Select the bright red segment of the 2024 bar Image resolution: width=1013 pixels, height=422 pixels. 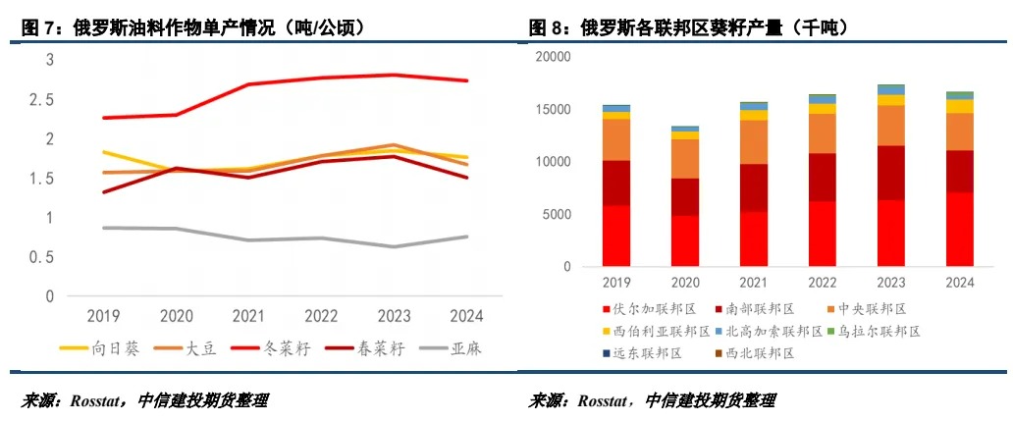click(959, 229)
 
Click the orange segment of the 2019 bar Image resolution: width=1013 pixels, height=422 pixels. click(616, 139)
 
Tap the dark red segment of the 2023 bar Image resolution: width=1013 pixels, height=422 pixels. click(891, 173)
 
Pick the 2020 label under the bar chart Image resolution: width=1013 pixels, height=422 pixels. click(685, 283)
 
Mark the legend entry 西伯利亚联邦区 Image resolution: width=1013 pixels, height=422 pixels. click(652, 332)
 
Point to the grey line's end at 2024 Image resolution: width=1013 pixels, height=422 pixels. click(467, 237)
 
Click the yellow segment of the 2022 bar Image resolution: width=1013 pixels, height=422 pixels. click(823, 108)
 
